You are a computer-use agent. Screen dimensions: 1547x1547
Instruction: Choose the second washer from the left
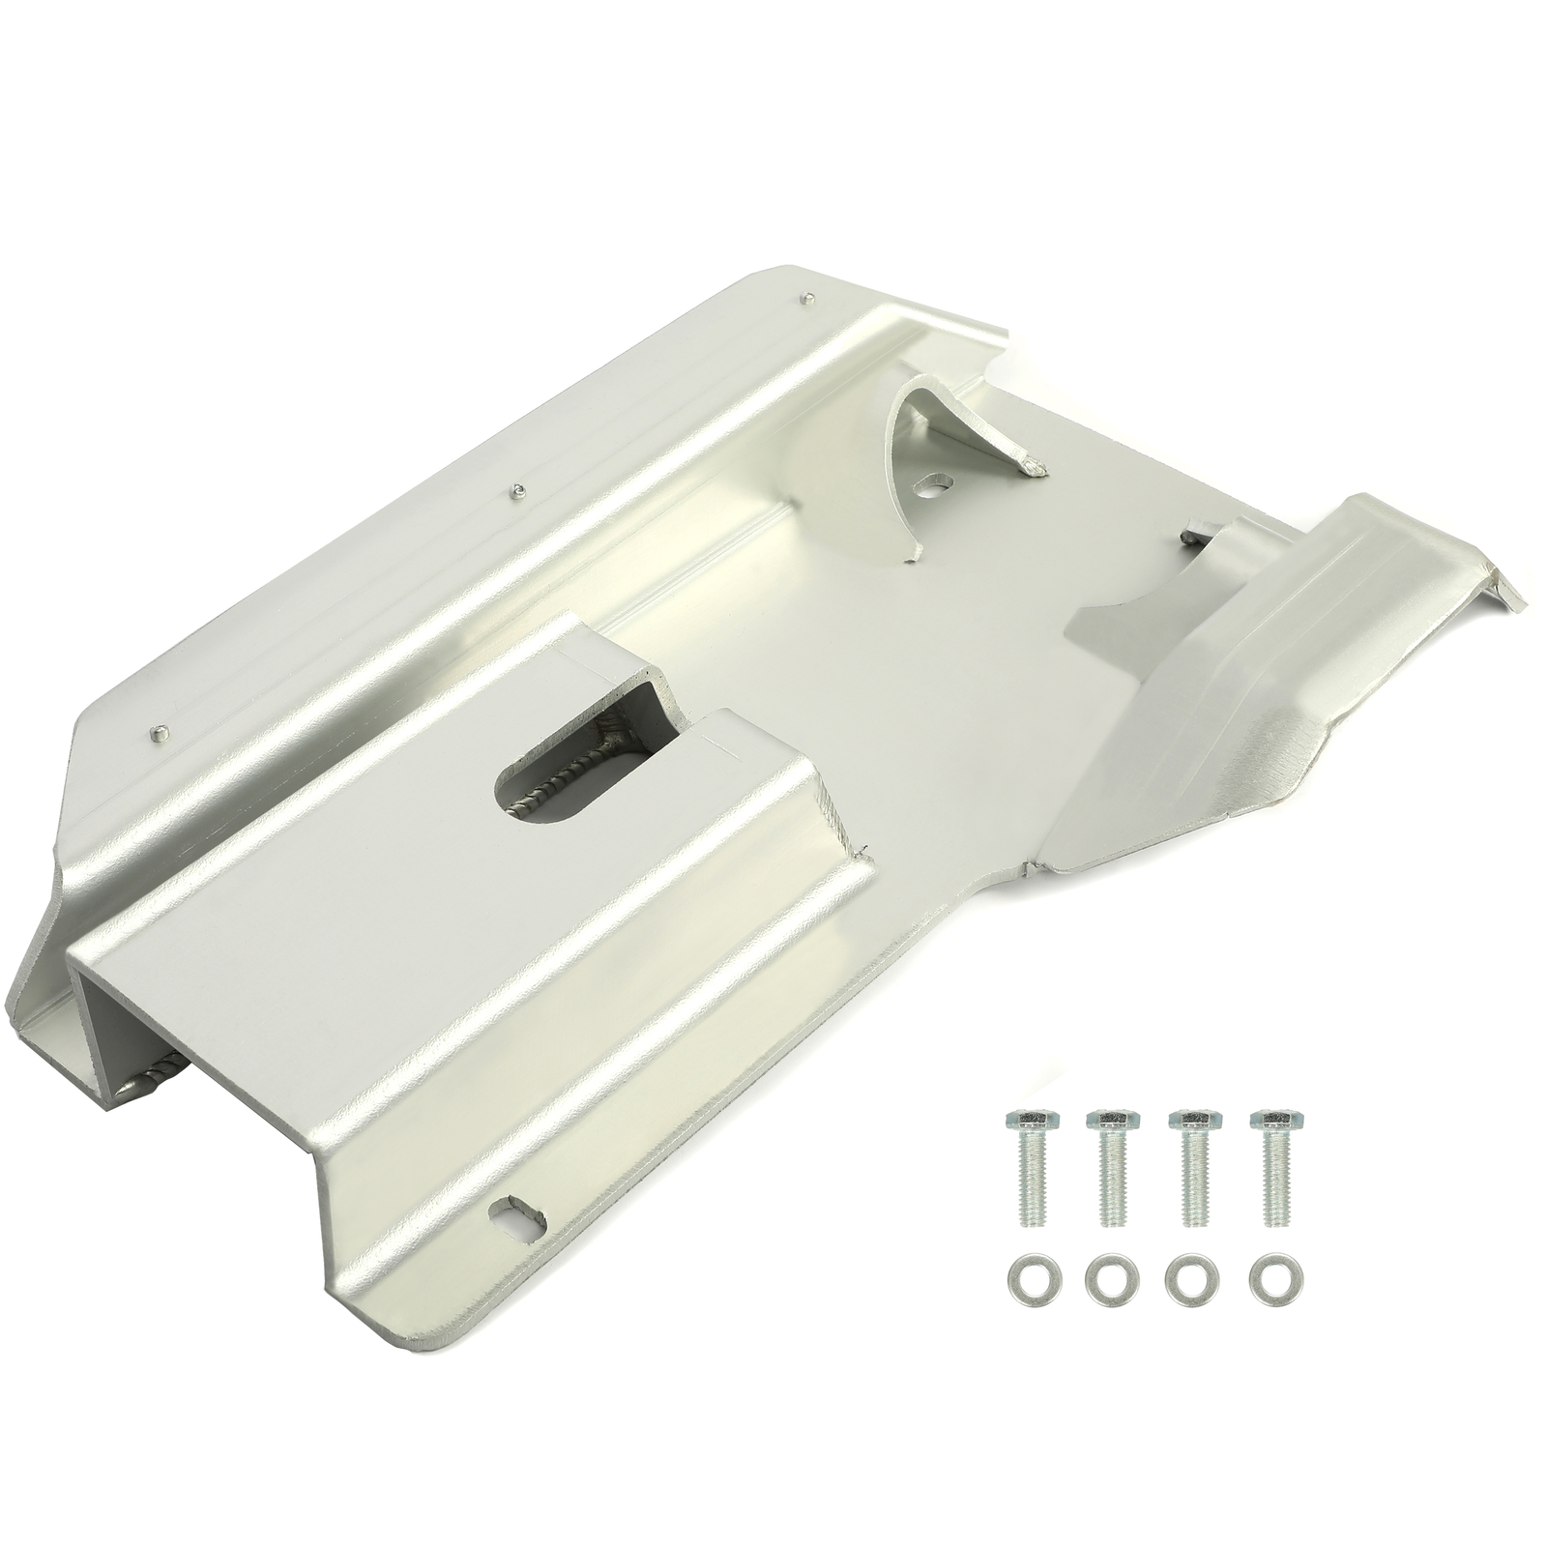pos(1104,1281)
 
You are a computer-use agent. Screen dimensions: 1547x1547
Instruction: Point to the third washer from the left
pos(1185,1281)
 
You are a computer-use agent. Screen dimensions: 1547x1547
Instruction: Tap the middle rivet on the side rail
pos(519,489)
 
